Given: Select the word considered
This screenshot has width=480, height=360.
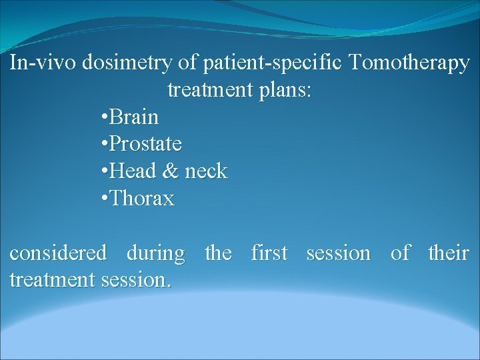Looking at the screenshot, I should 58,253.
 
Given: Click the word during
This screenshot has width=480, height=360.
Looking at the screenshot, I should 155,253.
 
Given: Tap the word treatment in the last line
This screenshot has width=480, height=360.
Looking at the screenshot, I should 53,280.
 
